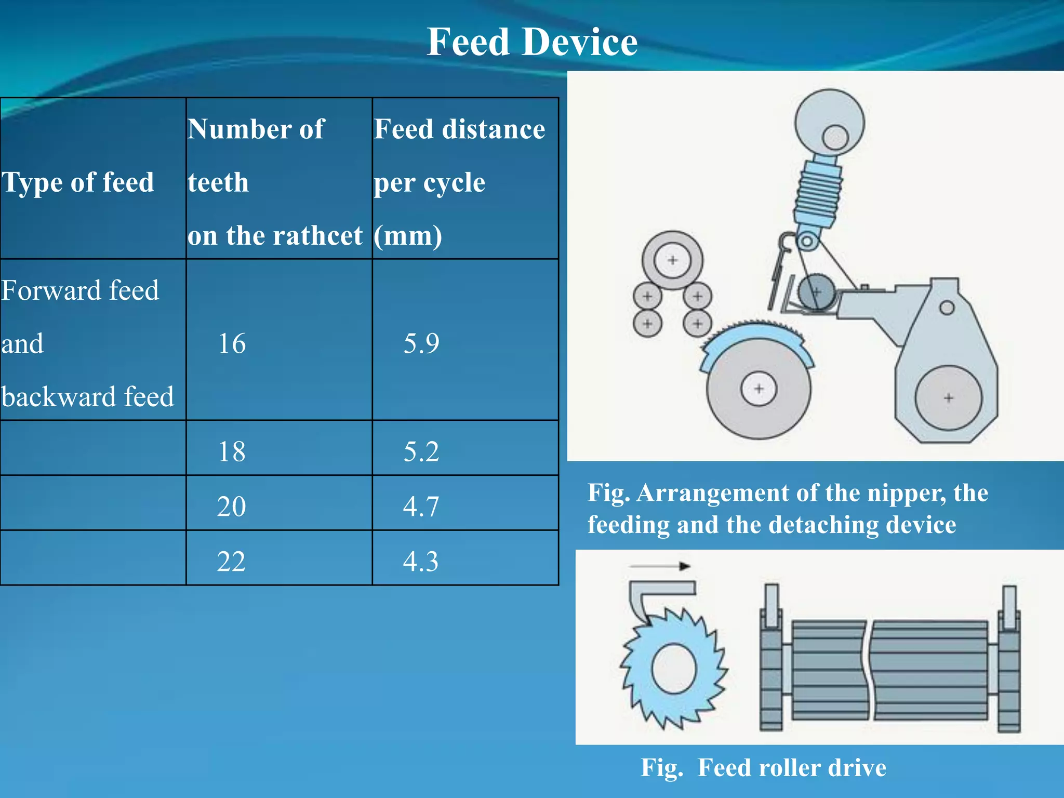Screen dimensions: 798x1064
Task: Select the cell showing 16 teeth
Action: tap(232, 343)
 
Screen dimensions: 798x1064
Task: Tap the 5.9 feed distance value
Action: tap(421, 343)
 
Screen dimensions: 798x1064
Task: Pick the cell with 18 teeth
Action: tap(232, 451)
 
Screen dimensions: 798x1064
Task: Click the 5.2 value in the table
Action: tap(421, 451)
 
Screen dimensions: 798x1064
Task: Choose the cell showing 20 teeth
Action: tap(232, 506)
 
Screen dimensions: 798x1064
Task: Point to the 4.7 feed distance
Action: tap(421, 506)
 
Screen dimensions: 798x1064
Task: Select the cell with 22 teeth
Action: tap(232, 561)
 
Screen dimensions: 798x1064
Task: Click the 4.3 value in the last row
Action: tap(421, 561)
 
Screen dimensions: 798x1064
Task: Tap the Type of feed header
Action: tap(78, 182)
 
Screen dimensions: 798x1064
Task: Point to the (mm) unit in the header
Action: tap(408, 236)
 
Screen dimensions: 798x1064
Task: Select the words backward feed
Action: tap(87, 397)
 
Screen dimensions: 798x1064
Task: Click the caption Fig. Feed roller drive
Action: tap(763, 767)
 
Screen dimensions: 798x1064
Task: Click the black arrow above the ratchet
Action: tap(659, 566)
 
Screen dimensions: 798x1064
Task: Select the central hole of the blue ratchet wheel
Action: tap(674, 669)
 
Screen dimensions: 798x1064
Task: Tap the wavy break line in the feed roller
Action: tap(869, 670)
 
